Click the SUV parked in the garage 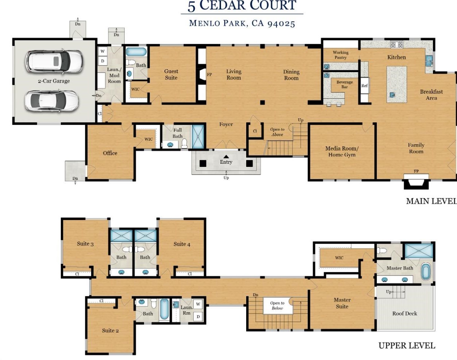coord(54,61)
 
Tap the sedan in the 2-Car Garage coord(52,101)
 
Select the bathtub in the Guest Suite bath coord(136,52)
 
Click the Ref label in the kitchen coord(364,86)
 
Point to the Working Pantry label coord(341,55)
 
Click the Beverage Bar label coord(344,85)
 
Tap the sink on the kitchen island coord(392,95)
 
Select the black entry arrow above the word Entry coord(226,157)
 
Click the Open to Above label coord(277,132)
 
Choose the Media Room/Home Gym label coord(342,152)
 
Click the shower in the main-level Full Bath coord(198,137)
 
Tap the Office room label coord(110,153)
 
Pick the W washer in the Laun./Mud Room coord(102,51)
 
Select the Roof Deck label coord(404,313)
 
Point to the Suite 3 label coord(85,243)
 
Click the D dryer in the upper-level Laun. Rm coord(198,317)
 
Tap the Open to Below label coord(277,305)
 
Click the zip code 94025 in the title coord(281,24)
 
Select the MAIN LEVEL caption coord(431,201)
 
